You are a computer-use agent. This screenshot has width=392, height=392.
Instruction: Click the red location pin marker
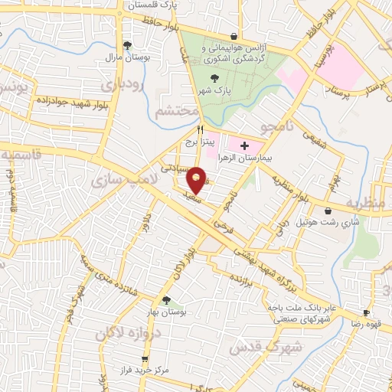click(x=197, y=180)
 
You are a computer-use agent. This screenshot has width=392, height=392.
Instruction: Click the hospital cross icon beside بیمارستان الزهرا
click(x=245, y=145)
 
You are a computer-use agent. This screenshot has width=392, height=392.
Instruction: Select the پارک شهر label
click(x=216, y=90)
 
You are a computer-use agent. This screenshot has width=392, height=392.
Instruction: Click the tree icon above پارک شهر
click(x=215, y=77)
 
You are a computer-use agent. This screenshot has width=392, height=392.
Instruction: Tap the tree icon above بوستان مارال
click(x=127, y=44)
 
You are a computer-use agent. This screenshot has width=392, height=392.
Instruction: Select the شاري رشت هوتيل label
click(x=328, y=223)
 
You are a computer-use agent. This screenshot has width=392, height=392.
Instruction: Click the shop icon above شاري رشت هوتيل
click(x=328, y=211)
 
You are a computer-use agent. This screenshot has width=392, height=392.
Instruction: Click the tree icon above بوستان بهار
click(x=165, y=299)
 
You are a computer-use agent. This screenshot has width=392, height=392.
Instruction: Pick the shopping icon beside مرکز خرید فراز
click(x=143, y=358)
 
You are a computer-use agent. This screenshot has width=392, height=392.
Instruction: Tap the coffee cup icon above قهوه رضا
click(x=366, y=312)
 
